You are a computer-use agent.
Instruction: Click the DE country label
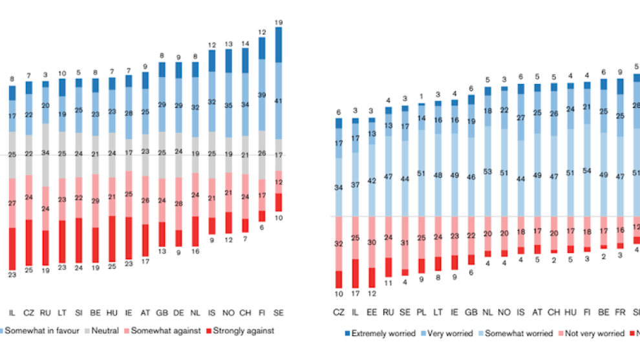tap(178, 312)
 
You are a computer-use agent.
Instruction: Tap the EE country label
tap(371, 312)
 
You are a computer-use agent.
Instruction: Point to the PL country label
tap(421, 312)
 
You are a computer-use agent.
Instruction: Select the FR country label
tap(620, 312)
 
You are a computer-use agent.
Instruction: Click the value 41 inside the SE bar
tap(279, 101)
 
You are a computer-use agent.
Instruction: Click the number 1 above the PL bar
tap(421, 96)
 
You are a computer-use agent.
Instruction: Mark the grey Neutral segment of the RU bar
tap(45, 154)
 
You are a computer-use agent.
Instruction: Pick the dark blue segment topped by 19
tap(279, 45)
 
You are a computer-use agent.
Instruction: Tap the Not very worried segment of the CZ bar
tap(338, 243)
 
